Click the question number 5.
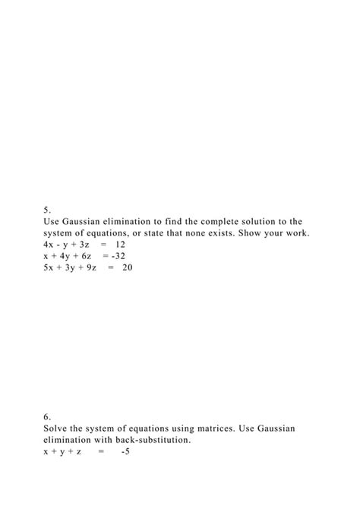coord(47,210)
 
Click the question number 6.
coord(47,417)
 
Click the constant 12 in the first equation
coord(120,245)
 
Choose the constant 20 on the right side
coord(127,267)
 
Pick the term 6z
coord(86,256)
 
